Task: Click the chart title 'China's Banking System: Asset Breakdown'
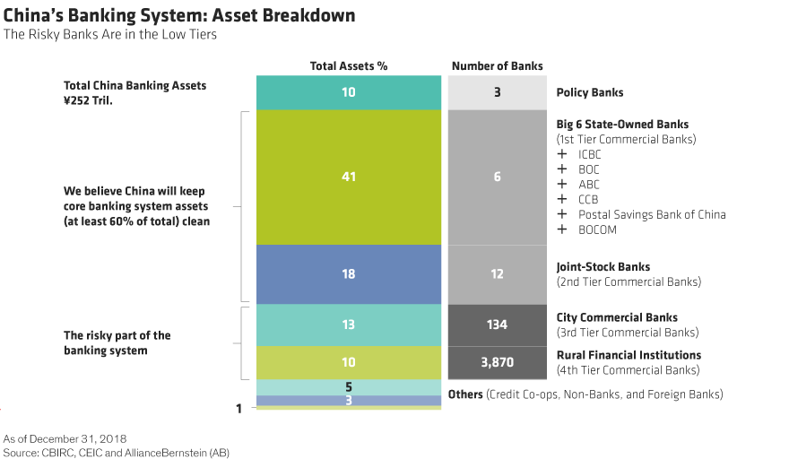pos(179,16)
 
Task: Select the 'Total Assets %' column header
pos(349,65)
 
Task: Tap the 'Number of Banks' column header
pos(497,65)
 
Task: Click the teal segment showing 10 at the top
pos(349,92)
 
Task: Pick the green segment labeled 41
pos(349,177)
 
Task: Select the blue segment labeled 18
pos(349,274)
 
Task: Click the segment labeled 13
pos(349,325)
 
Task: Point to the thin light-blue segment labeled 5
pos(349,387)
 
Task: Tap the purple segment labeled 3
pos(349,401)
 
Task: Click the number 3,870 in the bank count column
pos(497,362)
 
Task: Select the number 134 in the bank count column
pos(497,325)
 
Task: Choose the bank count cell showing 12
pos(497,274)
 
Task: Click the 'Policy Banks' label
pos(589,92)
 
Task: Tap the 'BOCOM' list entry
pos(597,229)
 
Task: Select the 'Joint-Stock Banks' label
pos(603,266)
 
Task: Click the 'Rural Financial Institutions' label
pos(629,355)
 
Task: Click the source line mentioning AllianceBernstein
pos(117,453)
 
